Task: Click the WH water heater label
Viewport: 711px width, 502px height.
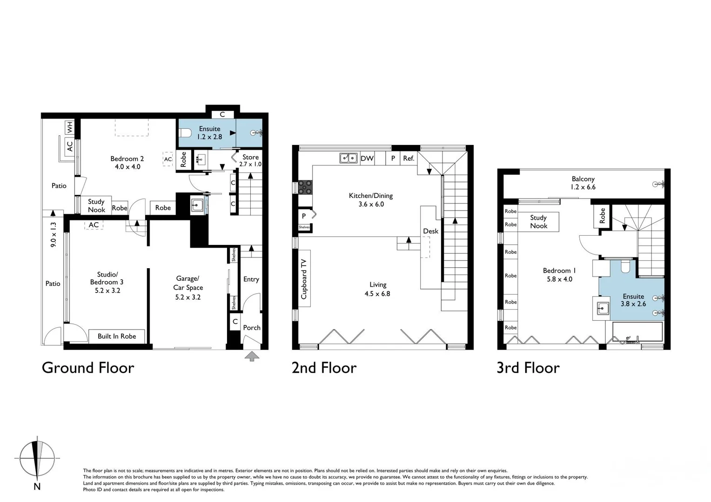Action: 69,126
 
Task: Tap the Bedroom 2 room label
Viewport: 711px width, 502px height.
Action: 127,163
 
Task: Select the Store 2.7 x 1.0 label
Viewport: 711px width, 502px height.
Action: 250,160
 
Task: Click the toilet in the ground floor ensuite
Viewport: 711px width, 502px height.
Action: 186,133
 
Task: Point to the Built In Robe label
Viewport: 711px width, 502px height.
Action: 117,336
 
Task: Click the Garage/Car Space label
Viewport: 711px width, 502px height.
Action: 188,288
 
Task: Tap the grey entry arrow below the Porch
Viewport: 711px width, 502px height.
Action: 252,357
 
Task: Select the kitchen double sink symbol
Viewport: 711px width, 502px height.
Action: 348,159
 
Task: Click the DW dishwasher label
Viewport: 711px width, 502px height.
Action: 367,159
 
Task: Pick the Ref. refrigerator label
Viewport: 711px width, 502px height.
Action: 409,159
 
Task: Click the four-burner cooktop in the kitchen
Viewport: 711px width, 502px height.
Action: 305,187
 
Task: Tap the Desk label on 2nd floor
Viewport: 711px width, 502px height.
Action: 430,231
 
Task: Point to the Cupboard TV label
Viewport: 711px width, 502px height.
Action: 304,278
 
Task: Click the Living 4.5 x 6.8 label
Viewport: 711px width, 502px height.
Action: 377,289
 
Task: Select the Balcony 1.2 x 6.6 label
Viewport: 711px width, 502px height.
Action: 583,183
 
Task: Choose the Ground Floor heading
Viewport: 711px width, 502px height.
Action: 88,368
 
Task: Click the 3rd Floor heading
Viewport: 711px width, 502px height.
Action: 528,368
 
